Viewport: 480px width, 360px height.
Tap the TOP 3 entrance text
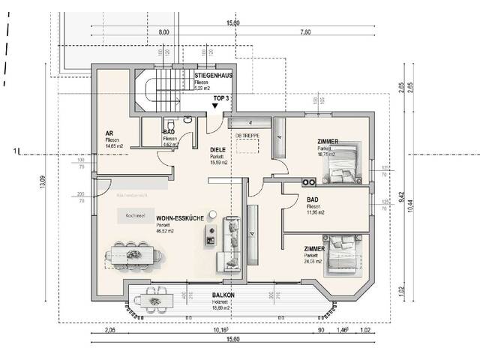click(222, 98)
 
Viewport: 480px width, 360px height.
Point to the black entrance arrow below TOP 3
click(216, 107)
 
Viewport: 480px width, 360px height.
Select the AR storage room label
click(109, 133)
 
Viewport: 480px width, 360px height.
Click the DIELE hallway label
click(218, 149)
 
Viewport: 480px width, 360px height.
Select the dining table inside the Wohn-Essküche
click(135, 254)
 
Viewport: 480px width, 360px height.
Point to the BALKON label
click(223, 295)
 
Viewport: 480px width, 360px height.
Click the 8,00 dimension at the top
click(164, 32)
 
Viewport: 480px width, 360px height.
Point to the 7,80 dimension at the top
click(305, 32)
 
